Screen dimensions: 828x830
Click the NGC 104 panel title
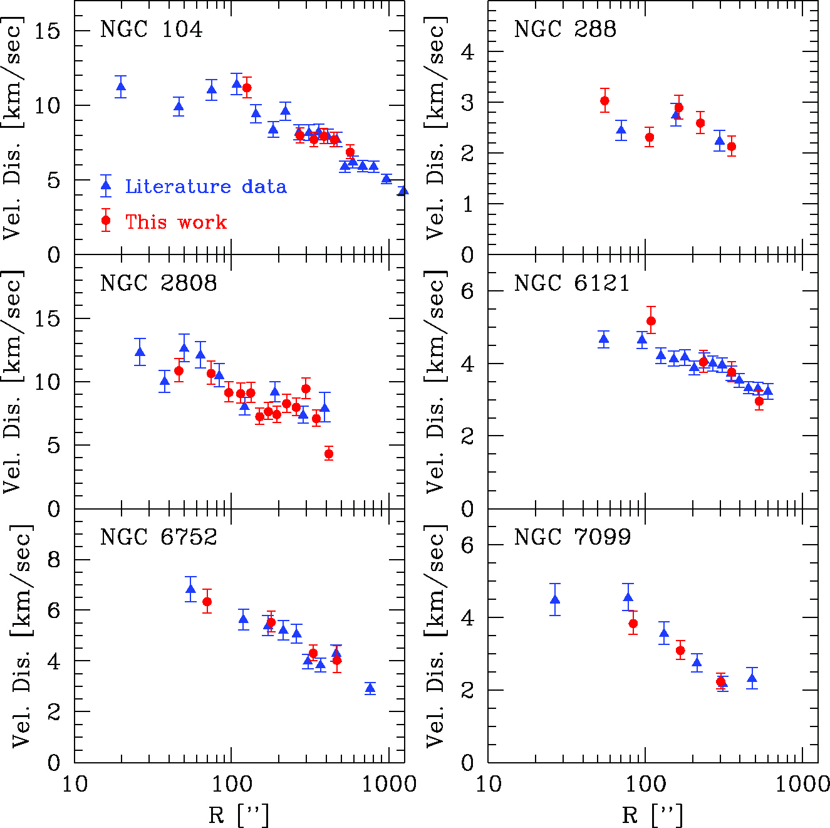(x=151, y=29)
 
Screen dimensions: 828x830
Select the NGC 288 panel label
(x=565, y=29)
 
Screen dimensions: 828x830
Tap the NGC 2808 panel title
(x=158, y=283)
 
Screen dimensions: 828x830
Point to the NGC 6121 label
(x=572, y=283)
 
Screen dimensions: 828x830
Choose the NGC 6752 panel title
(x=158, y=537)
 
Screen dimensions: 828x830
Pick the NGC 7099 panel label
(x=573, y=537)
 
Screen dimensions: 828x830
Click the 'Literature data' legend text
(x=205, y=186)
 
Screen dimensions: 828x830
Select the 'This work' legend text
(x=176, y=222)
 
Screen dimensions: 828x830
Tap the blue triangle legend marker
(x=106, y=186)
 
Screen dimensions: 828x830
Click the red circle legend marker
(x=106, y=221)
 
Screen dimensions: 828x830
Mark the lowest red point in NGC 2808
(x=329, y=454)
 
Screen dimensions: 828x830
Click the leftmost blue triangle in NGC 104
(x=122, y=86)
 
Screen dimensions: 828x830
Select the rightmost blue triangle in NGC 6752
(x=370, y=688)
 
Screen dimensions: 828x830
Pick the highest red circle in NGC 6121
(x=651, y=321)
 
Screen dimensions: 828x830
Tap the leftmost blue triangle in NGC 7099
(x=555, y=600)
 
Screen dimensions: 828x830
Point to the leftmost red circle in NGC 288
(x=604, y=100)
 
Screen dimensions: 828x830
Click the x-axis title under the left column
(x=239, y=815)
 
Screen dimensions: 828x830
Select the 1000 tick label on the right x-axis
(x=804, y=783)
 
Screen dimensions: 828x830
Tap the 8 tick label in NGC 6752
(x=54, y=559)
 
